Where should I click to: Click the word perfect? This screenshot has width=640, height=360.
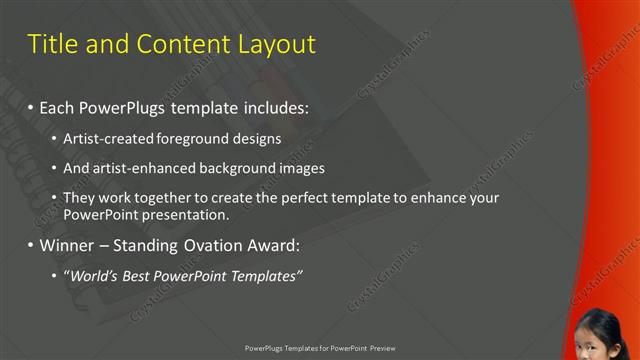[294, 198]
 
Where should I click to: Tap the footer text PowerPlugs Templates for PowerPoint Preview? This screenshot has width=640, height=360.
[320, 348]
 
